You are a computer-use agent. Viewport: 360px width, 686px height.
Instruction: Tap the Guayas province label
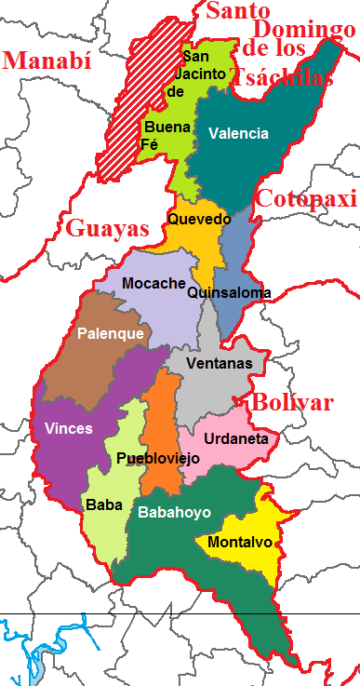pos(106,228)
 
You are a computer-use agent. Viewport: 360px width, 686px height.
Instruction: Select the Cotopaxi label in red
pos(306,198)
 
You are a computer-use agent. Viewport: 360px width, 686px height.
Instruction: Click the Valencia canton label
pos(238,133)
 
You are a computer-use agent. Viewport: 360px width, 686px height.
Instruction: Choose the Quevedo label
pos(198,220)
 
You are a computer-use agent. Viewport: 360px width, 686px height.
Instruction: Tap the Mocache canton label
pos(153,283)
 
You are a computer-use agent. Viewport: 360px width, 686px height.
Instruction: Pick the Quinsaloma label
pos(229,293)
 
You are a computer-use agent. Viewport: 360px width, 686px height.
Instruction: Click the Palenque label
pos(111,333)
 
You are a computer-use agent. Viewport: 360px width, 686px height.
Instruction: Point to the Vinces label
pos(68,428)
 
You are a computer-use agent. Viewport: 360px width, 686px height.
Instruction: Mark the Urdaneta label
pos(236,438)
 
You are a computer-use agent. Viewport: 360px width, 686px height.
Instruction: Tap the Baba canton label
pos(103,505)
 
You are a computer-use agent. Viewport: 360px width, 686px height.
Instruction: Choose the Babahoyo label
pos(175,512)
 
